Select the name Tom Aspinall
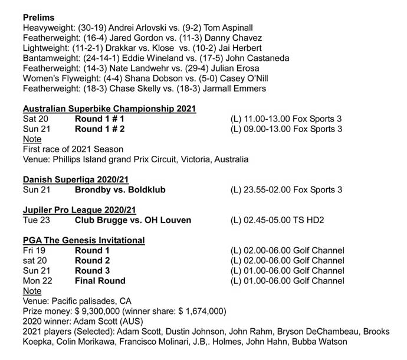[x=229, y=28]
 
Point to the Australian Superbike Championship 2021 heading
[x=109, y=109]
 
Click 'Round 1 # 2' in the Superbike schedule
[x=99, y=129]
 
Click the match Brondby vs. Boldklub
[x=120, y=189]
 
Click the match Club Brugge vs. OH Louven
[x=133, y=220]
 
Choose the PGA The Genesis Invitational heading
[x=84, y=240]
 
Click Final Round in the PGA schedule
[x=100, y=281]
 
